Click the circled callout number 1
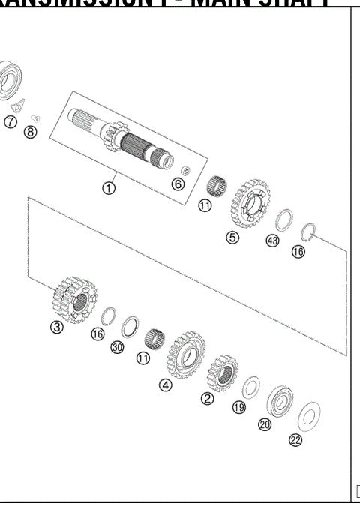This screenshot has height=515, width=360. point(109,188)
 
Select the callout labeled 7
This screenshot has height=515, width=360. point(10,122)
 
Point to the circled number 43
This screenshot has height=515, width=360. point(272,241)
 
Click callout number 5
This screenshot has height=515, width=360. point(232,238)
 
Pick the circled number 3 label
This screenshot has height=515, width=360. point(57,327)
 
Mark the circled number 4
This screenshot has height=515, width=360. point(165,385)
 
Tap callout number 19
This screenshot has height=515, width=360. point(238,408)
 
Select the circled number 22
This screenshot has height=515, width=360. point(295,440)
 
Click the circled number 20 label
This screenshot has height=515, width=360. point(265,424)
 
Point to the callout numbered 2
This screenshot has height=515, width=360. point(207,398)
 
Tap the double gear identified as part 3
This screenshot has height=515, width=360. point(73,298)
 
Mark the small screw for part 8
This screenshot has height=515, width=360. point(34,117)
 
